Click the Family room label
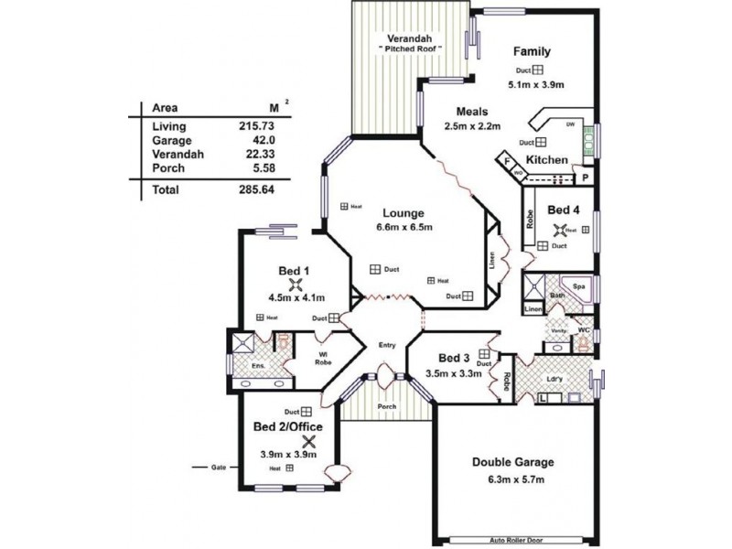coord(531,50)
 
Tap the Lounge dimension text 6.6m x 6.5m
coord(404,227)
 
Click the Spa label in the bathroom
coord(578,286)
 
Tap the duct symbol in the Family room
coord(540,70)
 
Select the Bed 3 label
coord(454,358)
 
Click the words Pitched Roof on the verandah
coord(412,47)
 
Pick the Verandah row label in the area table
coord(171,156)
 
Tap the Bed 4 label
coord(564,210)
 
